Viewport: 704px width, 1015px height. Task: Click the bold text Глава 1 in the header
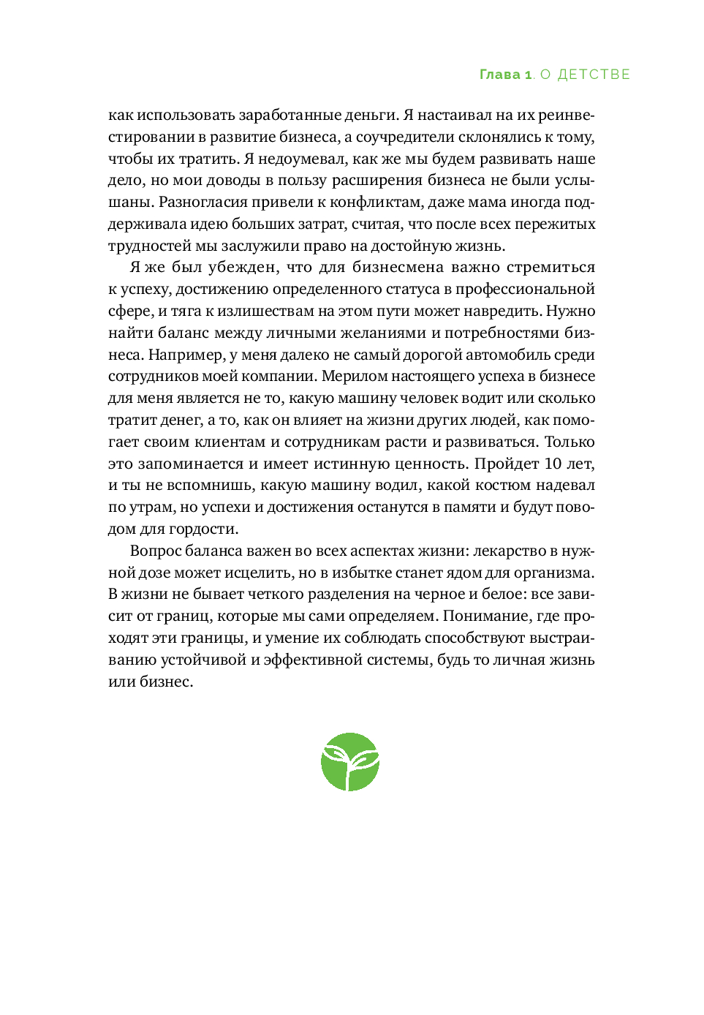click(x=505, y=75)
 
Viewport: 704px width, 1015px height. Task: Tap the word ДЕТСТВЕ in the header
click(x=594, y=75)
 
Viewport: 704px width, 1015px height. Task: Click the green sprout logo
click(x=350, y=762)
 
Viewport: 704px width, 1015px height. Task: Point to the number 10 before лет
click(x=553, y=464)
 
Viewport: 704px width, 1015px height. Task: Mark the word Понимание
click(x=494, y=616)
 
